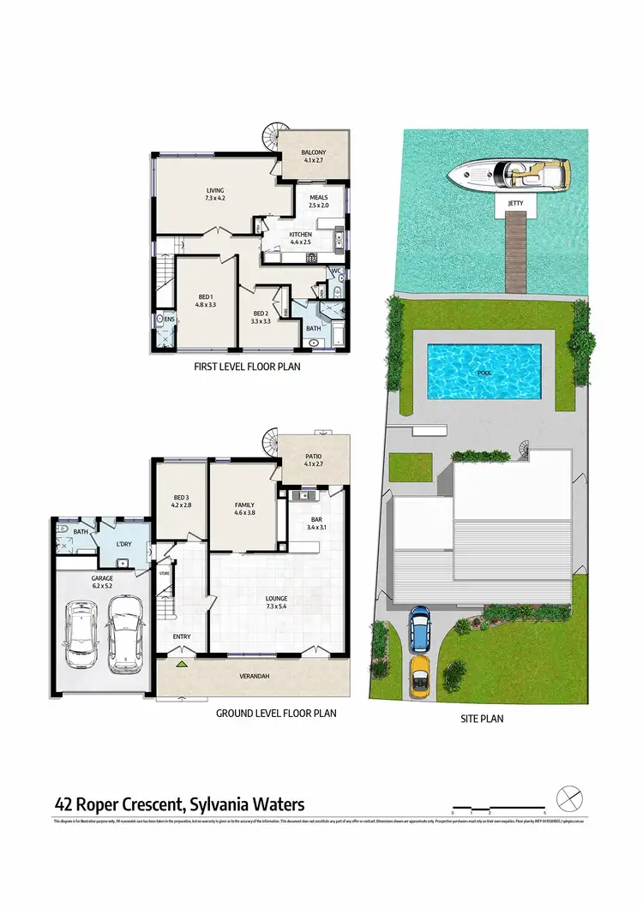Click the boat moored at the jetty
coord(508,175)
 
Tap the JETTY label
coord(514,203)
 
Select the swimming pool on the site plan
coord(484,371)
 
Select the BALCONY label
coord(313,155)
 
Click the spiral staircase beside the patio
coord(272,440)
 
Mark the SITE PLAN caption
coord(481,719)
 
